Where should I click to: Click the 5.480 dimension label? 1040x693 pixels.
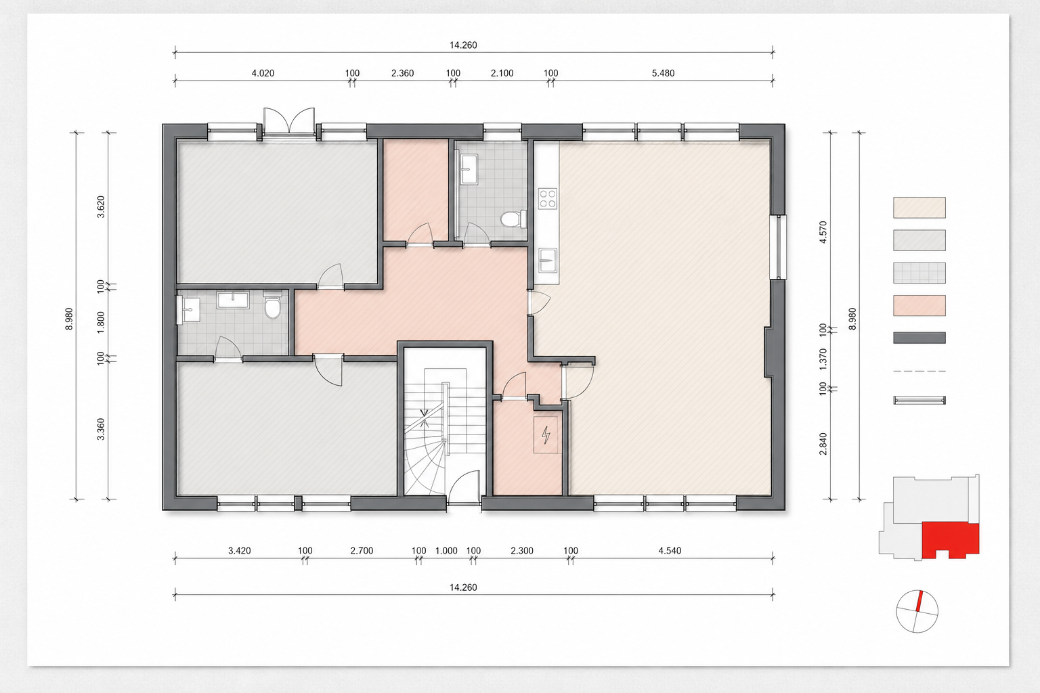pyautogui.click(x=663, y=73)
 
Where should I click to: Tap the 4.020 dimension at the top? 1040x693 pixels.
pyautogui.click(x=263, y=73)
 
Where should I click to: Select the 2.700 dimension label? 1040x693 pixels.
pyautogui.click(x=362, y=550)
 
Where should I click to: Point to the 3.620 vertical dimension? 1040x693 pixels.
pyautogui.click(x=101, y=207)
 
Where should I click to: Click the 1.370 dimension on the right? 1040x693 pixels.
pyautogui.click(x=823, y=359)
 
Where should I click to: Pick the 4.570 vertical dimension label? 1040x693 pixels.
pyautogui.click(x=823, y=232)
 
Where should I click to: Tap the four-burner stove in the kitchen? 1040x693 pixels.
pyautogui.click(x=547, y=199)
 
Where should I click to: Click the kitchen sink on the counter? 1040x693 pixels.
pyautogui.click(x=548, y=260)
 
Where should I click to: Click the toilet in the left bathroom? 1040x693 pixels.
pyautogui.click(x=273, y=305)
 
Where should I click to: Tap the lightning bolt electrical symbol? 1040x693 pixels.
pyautogui.click(x=546, y=435)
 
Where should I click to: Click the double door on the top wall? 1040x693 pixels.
pyautogui.click(x=289, y=122)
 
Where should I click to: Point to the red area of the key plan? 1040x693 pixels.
pyautogui.click(x=951, y=539)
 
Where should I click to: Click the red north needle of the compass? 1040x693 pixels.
pyautogui.click(x=919, y=602)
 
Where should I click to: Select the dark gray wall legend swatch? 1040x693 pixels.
pyautogui.click(x=919, y=338)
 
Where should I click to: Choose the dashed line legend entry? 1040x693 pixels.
pyautogui.click(x=919, y=372)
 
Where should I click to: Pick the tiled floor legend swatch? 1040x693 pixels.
pyautogui.click(x=919, y=273)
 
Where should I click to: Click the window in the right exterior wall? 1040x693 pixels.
pyautogui.click(x=778, y=247)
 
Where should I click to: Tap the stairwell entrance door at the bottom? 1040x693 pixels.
pyautogui.click(x=464, y=487)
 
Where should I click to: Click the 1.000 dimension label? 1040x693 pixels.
pyautogui.click(x=446, y=550)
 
